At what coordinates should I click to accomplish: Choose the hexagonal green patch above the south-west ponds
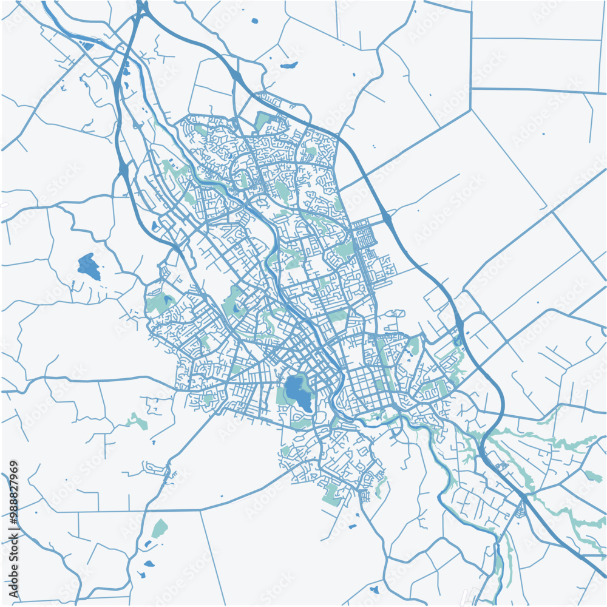[x=159, y=527]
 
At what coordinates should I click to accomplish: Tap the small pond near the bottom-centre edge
[x=373, y=588]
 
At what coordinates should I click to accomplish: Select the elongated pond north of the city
[x=289, y=66]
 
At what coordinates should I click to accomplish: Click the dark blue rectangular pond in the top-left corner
[x=88, y=46]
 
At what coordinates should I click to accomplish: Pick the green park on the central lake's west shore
[x=282, y=395]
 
